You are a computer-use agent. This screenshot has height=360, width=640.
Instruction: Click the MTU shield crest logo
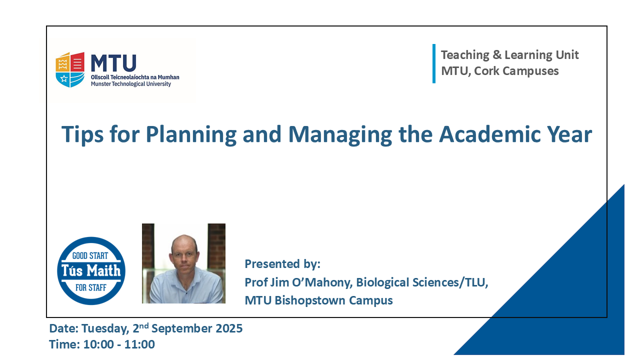tap(70, 69)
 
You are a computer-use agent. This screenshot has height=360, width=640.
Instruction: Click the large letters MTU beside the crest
tap(113, 63)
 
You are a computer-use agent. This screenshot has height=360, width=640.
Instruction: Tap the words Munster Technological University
tap(131, 84)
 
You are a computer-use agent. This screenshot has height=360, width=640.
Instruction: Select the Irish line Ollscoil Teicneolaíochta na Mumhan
tap(135, 77)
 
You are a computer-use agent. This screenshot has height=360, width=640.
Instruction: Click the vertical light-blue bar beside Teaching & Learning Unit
tap(434, 63)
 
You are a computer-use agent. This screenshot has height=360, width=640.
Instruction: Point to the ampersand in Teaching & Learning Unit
tap(497, 55)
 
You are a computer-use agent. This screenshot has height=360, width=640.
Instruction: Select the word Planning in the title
tap(191, 135)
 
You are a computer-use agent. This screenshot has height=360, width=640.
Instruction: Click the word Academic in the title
tap(489, 134)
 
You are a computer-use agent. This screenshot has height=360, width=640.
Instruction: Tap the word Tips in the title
tap(82, 135)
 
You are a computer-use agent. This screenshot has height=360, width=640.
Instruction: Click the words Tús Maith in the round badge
tap(91, 270)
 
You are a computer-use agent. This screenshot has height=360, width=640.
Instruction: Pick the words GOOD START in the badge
tap(90, 255)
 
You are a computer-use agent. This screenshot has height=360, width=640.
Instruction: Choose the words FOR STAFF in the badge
tap(91, 287)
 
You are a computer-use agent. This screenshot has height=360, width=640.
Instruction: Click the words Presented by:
tap(282, 264)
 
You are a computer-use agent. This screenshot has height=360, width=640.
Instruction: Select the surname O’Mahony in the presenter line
tap(322, 282)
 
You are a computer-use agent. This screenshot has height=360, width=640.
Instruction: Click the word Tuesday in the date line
tap(105, 329)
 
